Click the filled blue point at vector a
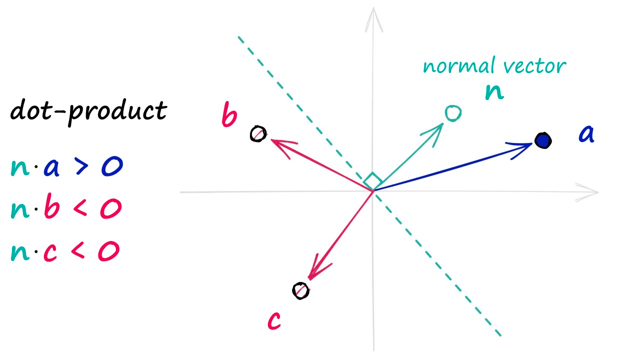click(542, 140)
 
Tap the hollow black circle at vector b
click(258, 134)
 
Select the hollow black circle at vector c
click(300, 290)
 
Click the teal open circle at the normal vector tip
click(452, 113)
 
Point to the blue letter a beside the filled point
click(586, 135)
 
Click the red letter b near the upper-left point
click(229, 116)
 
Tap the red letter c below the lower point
click(274, 320)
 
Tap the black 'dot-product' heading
click(88, 110)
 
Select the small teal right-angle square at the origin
click(372, 181)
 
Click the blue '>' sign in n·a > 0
click(82, 167)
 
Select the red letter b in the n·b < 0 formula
click(51, 208)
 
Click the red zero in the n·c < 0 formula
click(108, 251)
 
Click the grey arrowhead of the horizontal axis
click(590, 192)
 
